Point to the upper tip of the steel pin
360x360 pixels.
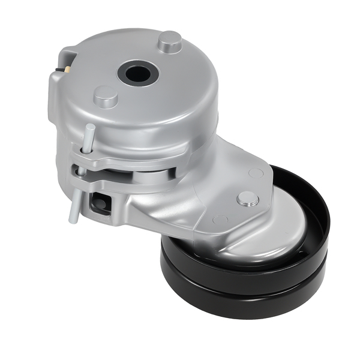tap(90, 127)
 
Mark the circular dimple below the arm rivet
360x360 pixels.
tap(220, 220)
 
